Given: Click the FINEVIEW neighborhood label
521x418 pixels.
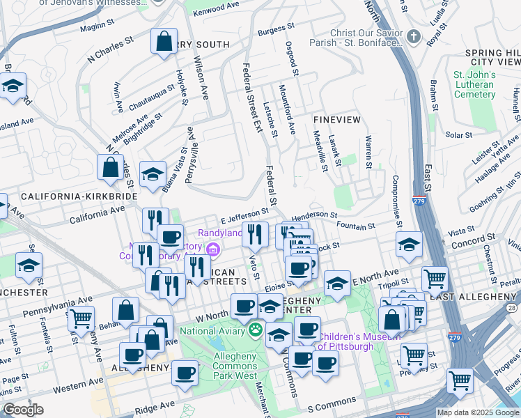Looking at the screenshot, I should pyautogui.click(x=337, y=120).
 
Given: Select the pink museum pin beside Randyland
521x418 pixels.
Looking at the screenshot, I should pyautogui.click(x=213, y=249).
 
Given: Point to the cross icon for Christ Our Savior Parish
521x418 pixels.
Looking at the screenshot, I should pyautogui.click(x=413, y=36).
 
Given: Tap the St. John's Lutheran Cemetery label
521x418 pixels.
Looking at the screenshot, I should pyautogui.click(x=474, y=84).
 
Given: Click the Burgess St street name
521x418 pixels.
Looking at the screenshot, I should pyautogui.click(x=272, y=30).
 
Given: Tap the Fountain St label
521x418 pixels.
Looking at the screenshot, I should pyautogui.click(x=355, y=225).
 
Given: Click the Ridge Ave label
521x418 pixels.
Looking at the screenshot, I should pyautogui.click(x=159, y=404).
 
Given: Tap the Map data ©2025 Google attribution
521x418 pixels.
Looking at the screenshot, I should pyautogui.click(x=477, y=412).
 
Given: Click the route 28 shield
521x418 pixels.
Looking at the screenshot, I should pyautogui.click(x=514, y=308).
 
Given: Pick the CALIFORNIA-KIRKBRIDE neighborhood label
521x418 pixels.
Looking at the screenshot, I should pyautogui.click(x=79, y=197).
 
